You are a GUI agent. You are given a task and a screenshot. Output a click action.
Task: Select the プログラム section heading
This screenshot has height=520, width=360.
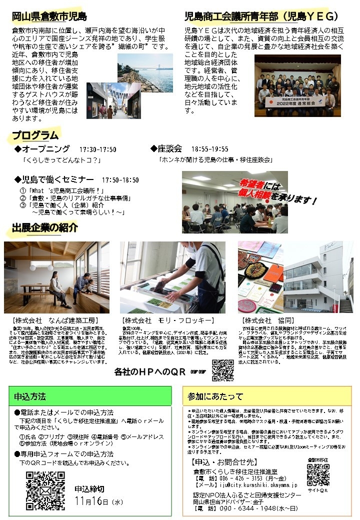click(x=35, y=135)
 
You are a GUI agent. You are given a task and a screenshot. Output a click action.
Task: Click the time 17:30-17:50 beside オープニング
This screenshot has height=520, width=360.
click(x=97, y=149)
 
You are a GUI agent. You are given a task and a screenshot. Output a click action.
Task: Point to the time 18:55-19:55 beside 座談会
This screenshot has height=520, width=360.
click(x=209, y=149)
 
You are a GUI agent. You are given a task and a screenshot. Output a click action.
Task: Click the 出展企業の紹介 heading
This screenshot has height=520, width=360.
click(x=45, y=228)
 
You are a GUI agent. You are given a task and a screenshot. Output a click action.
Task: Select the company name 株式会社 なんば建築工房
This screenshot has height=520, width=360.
click(x=55, y=320)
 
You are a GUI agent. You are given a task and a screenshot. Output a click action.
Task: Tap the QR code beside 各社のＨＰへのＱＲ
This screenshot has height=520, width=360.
click(x=223, y=370)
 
